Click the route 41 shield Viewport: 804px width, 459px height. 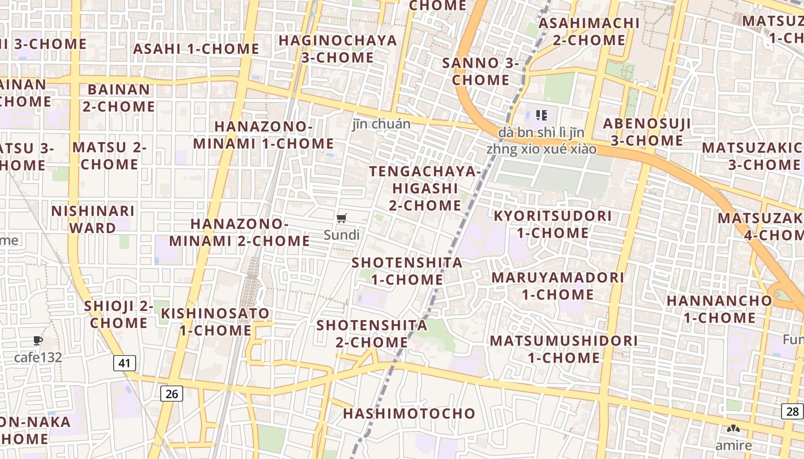pyautogui.click(x=125, y=363)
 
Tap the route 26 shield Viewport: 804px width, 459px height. pyautogui.click(x=171, y=394)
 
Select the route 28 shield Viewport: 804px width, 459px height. pyautogui.click(x=793, y=411)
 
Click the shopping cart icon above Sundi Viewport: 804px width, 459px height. pyautogui.click(x=342, y=218)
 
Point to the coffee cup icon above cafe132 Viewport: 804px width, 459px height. pyautogui.click(x=38, y=340)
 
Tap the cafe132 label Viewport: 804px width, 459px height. pyautogui.click(x=38, y=357)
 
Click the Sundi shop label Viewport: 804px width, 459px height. pyautogui.click(x=342, y=235)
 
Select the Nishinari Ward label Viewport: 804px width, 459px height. pyautogui.click(x=92, y=219)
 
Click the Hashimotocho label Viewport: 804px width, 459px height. pyautogui.click(x=409, y=414)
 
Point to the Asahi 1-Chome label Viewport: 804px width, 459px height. pyautogui.click(x=196, y=49)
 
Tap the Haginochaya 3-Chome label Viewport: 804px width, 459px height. pyautogui.click(x=338, y=49)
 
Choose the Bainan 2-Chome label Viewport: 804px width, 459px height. pyautogui.click(x=119, y=98)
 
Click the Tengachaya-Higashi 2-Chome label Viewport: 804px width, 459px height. pyautogui.click(x=425, y=188)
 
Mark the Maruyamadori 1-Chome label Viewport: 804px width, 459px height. pyautogui.click(x=558, y=286)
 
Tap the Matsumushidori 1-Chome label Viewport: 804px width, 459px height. pyautogui.click(x=563, y=349)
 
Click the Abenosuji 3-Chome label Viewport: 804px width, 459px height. pyautogui.click(x=647, y=132)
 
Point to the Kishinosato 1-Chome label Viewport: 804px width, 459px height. pyautogui.click(x=215, y=322)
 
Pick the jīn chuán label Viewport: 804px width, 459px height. pyautogui.click(x=382, y=124)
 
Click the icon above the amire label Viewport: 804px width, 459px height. pyautogui.click(x=733, y=429)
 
